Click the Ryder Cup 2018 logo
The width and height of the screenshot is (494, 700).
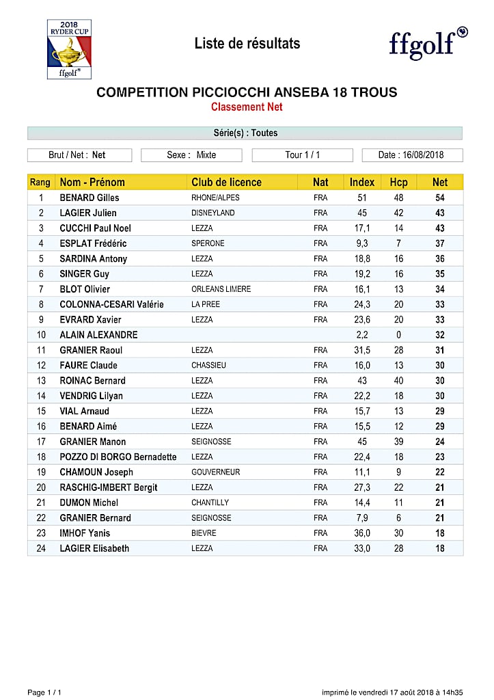coord(69,49)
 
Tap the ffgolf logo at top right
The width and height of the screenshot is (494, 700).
coord(428,43)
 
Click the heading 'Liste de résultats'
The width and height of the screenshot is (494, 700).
coord(247,44)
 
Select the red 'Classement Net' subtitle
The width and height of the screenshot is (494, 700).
coord(247,107)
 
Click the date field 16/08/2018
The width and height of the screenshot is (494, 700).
coord(412,155)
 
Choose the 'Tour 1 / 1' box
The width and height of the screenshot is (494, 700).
coord(302,155)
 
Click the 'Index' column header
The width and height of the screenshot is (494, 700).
coord(362,183)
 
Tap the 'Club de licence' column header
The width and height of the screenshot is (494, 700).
coord(226,183)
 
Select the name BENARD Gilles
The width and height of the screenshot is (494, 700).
coord(90,198)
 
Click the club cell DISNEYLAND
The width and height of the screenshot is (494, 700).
coord(212,213)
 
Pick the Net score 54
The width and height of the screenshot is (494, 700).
coord(440,198)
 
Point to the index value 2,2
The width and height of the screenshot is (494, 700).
coord(362,335)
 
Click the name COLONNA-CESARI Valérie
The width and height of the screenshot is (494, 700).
coord(111,305)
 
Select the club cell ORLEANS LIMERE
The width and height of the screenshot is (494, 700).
coord(221,289)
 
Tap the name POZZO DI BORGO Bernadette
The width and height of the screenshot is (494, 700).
coord(118,457)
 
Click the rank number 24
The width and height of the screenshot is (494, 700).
coord(41,548)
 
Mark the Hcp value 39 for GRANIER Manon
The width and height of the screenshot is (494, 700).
coord(398,442)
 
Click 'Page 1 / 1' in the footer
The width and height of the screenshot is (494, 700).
coord(44,692)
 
